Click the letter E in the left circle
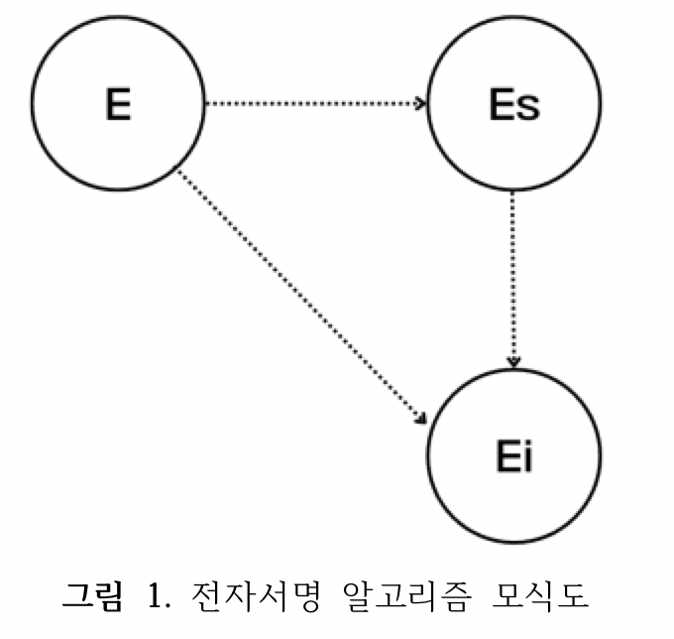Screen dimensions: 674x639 click(118, 104)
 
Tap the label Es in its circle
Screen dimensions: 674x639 click(514, 104)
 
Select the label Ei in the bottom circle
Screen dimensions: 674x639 click(514, 456)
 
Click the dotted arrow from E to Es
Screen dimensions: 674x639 click(315, 103)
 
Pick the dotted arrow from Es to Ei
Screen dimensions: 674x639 click(513, 279)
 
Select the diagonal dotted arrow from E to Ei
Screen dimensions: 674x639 click(301, 297)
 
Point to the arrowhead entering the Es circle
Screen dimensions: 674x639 click(420, 103)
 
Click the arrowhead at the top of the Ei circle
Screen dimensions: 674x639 click(514, 361)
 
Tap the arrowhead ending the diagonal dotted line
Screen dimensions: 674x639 click(421, 419)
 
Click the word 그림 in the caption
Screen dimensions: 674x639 click(93, 596)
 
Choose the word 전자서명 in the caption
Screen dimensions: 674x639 click(256, 596)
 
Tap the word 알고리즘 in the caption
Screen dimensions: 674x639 click(406, 596)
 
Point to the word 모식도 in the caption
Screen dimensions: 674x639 click(540, 596)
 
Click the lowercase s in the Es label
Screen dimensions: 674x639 click(528, 107)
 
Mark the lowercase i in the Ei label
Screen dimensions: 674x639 click(528, 456)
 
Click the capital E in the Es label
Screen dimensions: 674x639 click(502, 104)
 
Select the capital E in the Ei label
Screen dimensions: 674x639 click(508, 456)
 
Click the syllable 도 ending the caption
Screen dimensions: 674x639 click(573, 596)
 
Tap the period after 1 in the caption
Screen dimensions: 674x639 click(168, 606)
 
